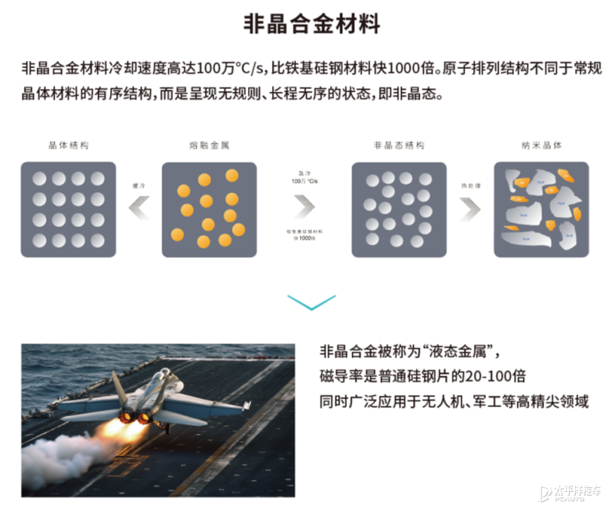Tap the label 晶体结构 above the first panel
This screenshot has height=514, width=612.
(x=68, y=145)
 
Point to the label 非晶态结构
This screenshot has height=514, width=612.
(x=399, y=145)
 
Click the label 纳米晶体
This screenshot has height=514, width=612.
(x=541, y=145)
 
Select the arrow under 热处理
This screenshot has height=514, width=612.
(x=470, y=207)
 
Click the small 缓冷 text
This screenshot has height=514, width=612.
(x=138, y=185)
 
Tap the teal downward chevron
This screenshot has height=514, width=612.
(x=311, y=301)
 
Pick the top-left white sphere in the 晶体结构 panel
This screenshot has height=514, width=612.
(x=39, y=179)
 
